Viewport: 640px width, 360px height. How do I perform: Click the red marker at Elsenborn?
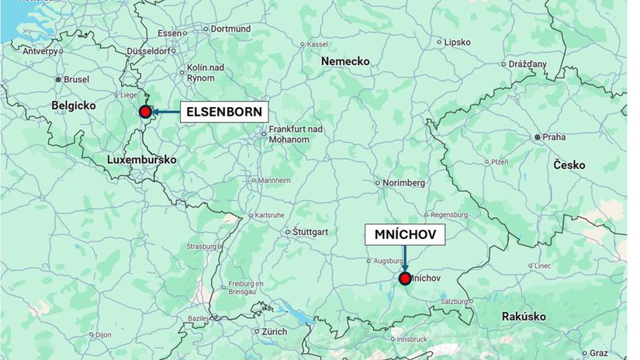[145, 112]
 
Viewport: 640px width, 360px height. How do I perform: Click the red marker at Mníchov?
[404, 279]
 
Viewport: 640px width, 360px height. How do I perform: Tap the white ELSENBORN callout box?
[224, 112]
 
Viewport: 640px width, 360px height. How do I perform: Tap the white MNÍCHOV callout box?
[405, 234]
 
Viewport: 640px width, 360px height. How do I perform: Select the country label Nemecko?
[345, 61]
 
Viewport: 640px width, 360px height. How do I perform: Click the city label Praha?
[554, 137]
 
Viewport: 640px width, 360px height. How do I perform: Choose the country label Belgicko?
[73, 105]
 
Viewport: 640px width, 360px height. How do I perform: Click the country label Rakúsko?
[524, 317]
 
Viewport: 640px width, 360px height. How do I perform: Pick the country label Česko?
[569, 165]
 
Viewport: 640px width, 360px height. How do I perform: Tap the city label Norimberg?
[404, 183]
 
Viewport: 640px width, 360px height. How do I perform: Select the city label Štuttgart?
[310, 232]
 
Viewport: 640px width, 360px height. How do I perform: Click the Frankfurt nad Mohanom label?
[289, 135]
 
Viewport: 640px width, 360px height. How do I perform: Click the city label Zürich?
[274, 331]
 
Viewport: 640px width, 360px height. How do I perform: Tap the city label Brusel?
[76, 79]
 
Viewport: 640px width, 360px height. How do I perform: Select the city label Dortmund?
[230, 29]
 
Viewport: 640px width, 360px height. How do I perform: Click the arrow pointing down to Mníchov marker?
[404, 259]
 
